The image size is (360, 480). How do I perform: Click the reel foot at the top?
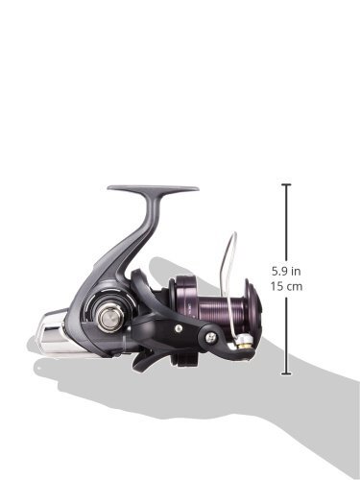click(153, 187)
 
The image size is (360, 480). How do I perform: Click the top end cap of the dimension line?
click(286, 184)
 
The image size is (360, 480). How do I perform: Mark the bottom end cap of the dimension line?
click(286, 373)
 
